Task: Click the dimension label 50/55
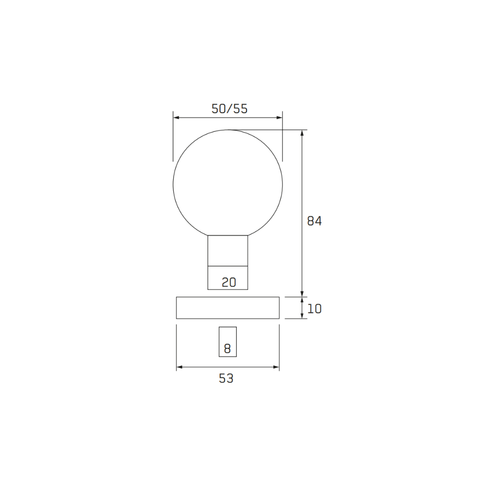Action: [229, 109]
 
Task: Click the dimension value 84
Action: [314, 221]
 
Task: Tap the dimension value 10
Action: [314, 309]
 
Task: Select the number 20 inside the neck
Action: [229, 282]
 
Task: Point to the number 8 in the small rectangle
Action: [227, 348]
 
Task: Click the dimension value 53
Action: [226, 379]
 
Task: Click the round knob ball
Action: [173, 185]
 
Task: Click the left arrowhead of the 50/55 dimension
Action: [176, 118]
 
